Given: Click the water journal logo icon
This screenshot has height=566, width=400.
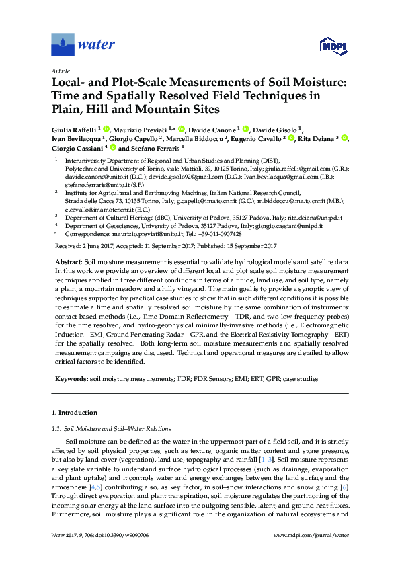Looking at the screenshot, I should (63, 44).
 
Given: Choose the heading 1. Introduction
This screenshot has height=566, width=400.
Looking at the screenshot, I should (74, 413).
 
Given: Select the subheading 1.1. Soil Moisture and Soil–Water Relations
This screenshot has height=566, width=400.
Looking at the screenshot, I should (112, 428).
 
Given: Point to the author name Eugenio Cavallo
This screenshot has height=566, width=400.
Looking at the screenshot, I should (255, 138).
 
